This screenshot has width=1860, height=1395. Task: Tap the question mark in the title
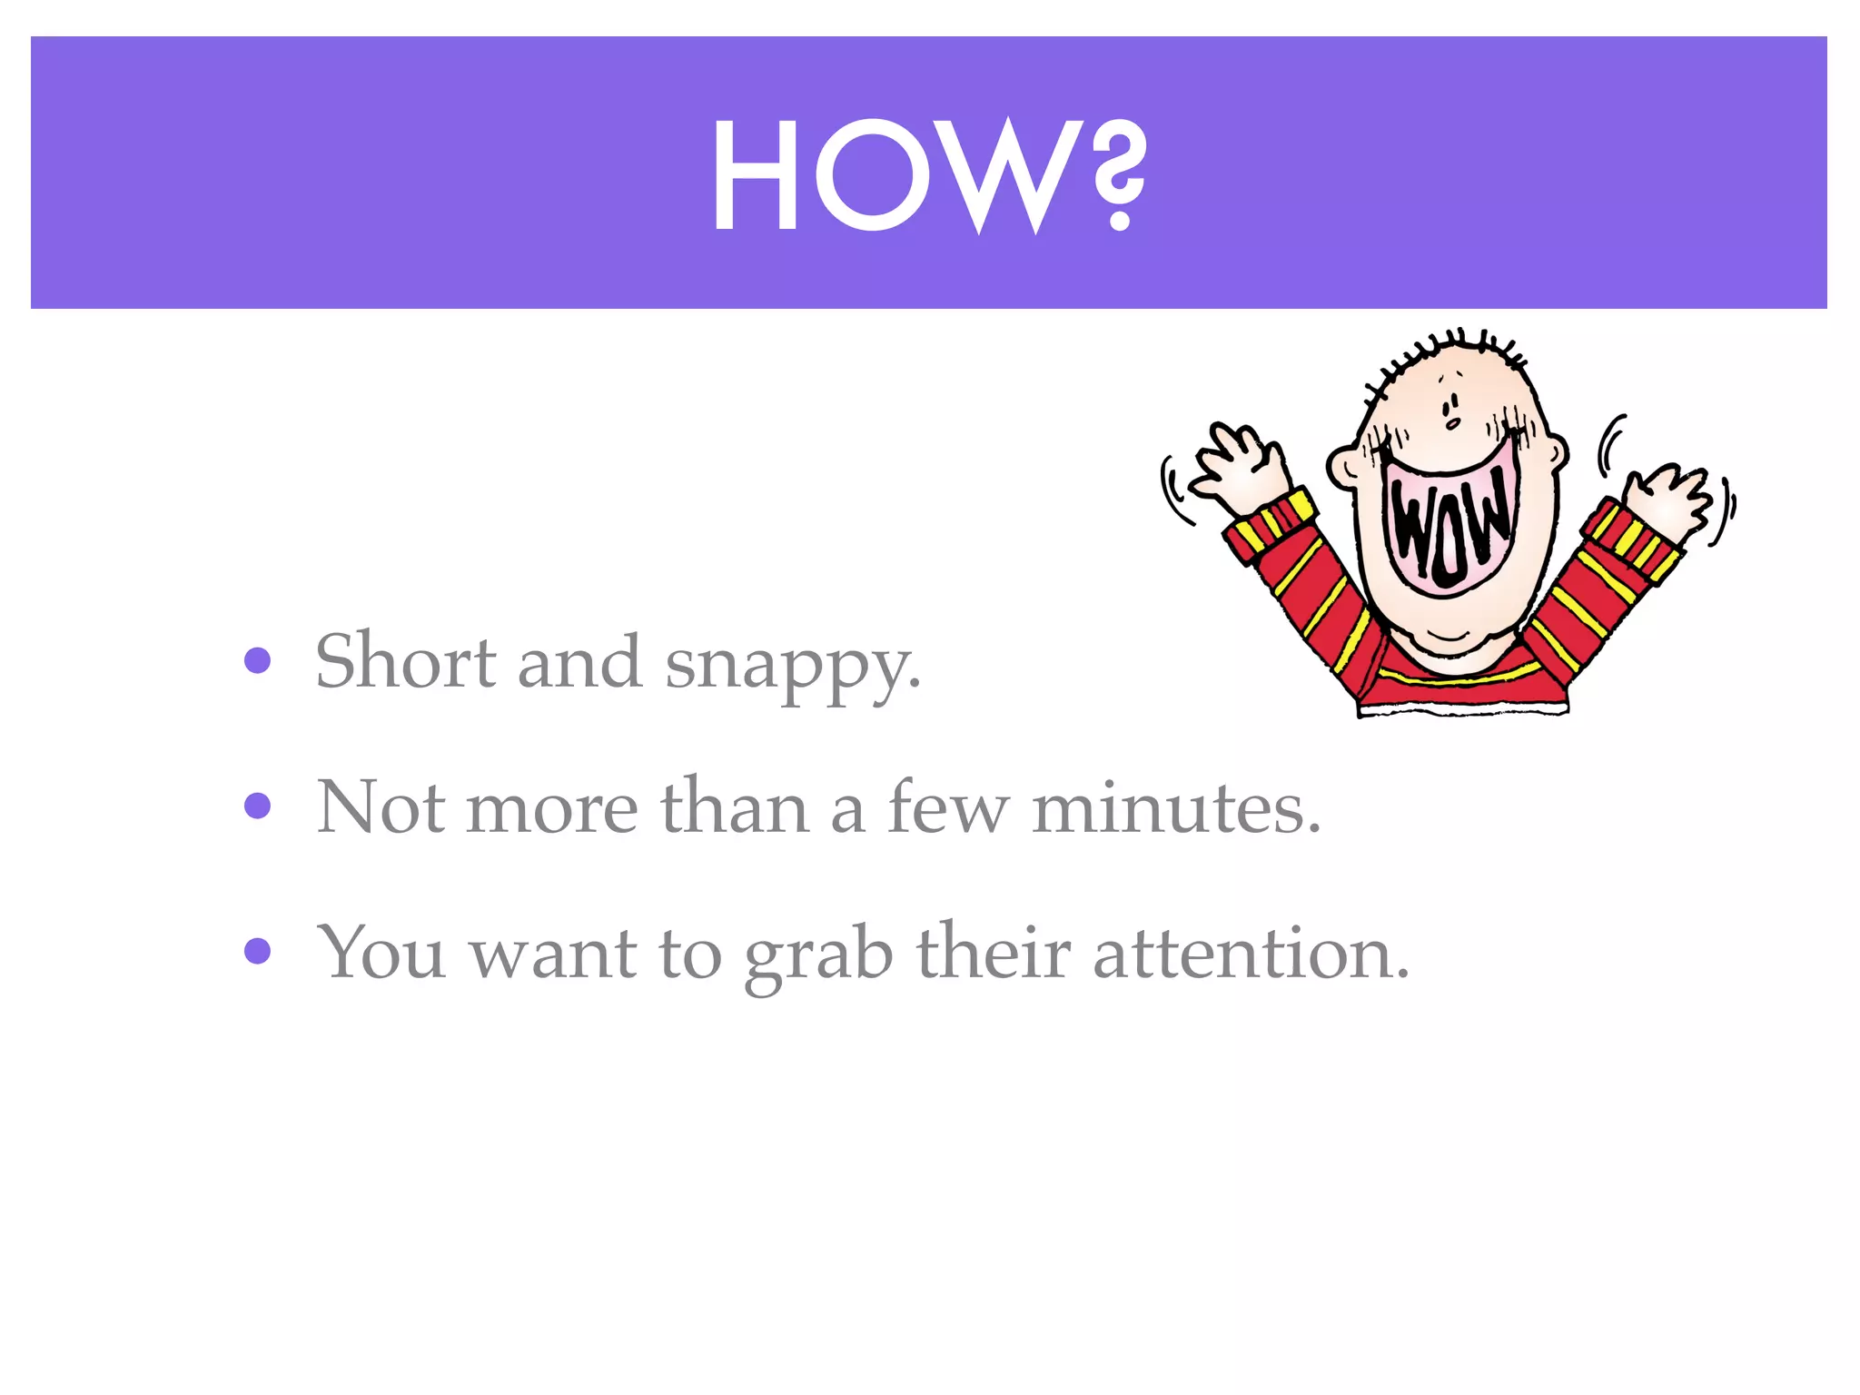tap(1118, 177)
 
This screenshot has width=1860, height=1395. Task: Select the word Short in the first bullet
tap(405, 661)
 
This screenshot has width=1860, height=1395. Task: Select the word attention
tap(1251, 953)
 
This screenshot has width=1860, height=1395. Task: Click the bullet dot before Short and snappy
tap(258, 660)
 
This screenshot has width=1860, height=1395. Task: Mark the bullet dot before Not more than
tap(258, 806)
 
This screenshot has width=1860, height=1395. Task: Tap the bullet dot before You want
tap(258, 951)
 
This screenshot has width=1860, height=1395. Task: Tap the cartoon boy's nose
tap(1452, 422)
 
